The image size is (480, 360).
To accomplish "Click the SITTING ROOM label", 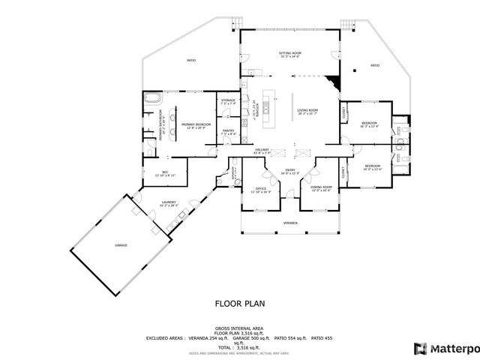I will coord(290,53).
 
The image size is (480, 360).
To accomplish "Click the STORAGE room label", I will coord(228,100).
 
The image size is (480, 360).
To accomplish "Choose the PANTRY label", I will coord(229,130).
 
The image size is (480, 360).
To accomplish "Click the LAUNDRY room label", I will coord(169,202).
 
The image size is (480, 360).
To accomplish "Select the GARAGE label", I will coord(121,245).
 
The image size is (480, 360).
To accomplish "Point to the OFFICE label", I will coord(261,188).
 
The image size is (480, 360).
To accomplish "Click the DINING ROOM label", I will coord(321,187).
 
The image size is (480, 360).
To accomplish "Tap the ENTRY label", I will coord(289,171).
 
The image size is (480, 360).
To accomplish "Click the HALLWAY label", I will coord(261,150).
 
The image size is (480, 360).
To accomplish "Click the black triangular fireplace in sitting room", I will coord(335,81).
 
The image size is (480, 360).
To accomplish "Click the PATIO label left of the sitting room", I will coord(191,59).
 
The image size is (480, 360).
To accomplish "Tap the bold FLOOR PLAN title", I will coord(239,304).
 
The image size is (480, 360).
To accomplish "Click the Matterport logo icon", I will coord(420,348).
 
